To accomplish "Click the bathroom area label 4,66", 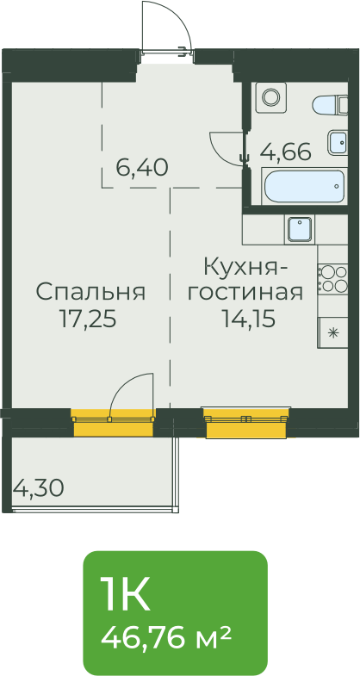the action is coord(286,152).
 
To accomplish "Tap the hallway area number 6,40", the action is coord(142,167).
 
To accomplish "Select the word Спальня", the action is coord(90,292).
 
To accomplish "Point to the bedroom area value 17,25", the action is coord(88,319).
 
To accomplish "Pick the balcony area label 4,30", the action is coord(39,488).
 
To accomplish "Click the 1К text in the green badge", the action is coord(125,594).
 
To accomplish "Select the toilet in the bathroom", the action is coord(330,105).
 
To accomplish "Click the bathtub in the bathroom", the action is coord(304,186).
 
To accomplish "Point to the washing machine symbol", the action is coord(270,97).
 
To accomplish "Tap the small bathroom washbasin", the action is coord(337,142).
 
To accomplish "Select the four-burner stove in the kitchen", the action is coord(332,278).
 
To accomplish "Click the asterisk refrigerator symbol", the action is coord(332,332).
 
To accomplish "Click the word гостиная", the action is coord(247,293).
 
